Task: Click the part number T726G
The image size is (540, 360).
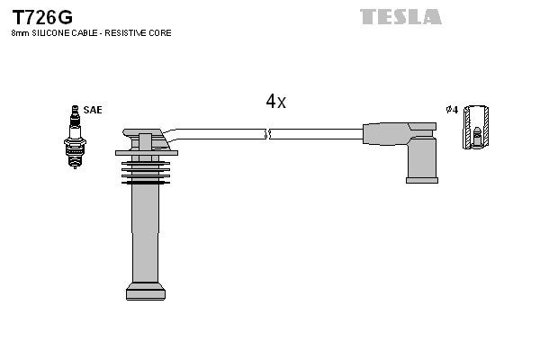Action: click(41, 16)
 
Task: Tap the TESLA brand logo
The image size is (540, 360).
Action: click(400, 16)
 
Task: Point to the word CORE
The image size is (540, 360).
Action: click(160, 33)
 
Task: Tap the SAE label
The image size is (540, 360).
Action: click(92, 110)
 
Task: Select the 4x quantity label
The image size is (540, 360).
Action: click(275, 102)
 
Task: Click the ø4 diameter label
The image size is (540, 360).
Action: click(452, 110)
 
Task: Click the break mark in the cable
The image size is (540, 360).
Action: click(267, 134)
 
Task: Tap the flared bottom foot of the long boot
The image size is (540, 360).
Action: click(146, 291)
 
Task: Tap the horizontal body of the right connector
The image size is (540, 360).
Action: click(391, 133)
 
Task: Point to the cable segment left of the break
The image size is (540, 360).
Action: click(220, 134)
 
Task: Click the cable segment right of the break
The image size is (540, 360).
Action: click(315, 134)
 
